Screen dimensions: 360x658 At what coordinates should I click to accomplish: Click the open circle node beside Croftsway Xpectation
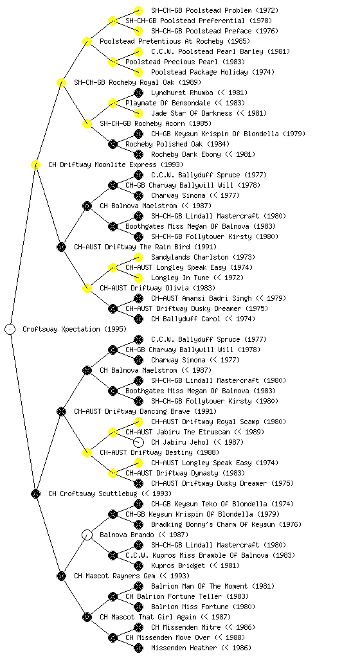pyautogui.click(x=10, y=329)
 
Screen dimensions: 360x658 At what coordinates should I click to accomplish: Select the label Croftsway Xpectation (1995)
pyautogui.click(x=75, y=329)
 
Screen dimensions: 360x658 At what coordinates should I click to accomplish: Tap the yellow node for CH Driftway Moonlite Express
pyautogui.click(x=35, y=164)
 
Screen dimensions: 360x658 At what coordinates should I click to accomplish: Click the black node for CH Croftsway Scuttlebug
pyautogui.click(x=35, y=493)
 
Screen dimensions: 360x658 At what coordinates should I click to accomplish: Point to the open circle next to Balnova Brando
pyautogui.click(x=87, y=535)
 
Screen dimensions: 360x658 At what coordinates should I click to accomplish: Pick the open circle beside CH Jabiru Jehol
pyautogui.click(x=138, y=442)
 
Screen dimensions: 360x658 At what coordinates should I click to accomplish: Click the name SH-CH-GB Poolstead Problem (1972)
pyautogui.click(x=215, y=10)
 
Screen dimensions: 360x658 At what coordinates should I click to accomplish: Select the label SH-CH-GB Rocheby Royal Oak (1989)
pyautogui.click(x=138, y=82)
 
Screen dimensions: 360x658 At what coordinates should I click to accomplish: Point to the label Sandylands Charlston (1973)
pyautogui.click(x=203, y=257)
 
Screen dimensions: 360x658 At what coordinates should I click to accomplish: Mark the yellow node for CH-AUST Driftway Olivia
pyautogui.click(x=87, y=288)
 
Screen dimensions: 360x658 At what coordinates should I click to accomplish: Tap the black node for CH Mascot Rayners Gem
pyautogui.click(x=61, y=576)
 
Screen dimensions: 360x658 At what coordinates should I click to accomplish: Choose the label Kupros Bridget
pyautogui.click(x=178, y=565)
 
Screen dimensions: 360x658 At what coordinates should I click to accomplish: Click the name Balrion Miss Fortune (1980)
pyautogui.click(x=203, y=607)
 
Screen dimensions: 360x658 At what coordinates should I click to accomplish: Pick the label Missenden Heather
pyautogui.click(x=184, y=648)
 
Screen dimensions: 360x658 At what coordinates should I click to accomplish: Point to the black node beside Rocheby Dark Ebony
pyautogui.click(x=138, y=154)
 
